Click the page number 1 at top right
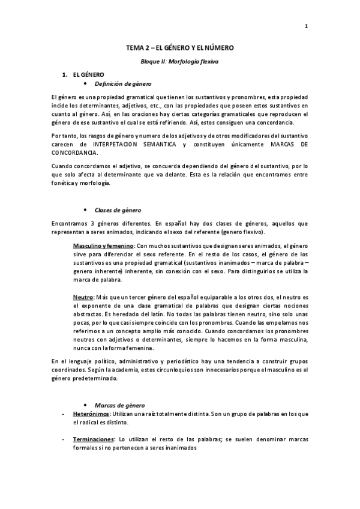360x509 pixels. point(306,26)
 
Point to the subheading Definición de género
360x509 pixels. point(124,84)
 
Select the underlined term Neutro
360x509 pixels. point(83,297)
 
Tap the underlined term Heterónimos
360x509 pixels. point(91,415)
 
